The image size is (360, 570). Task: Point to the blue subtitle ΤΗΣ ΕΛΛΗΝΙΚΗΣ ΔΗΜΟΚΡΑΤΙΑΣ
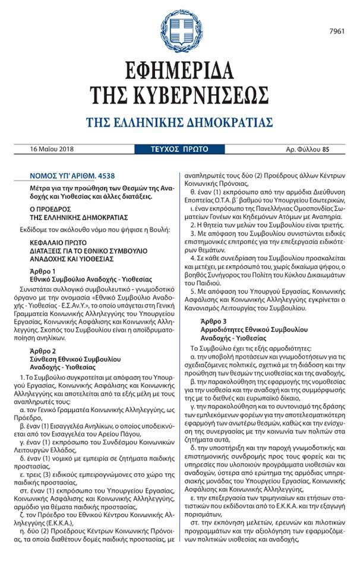(x=179, y=123)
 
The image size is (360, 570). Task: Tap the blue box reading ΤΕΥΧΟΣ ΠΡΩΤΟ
(x=179, y=149)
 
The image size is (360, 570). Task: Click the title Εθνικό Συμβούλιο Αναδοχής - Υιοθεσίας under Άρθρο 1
(x=90, y=278)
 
